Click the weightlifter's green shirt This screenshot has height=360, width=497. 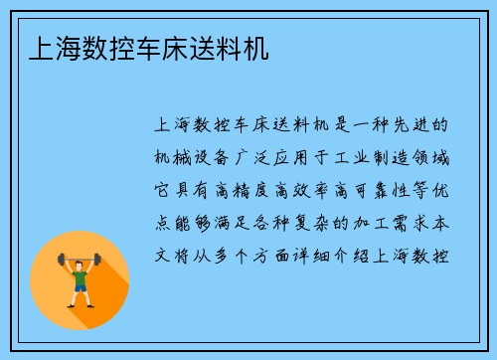click(81, 270)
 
